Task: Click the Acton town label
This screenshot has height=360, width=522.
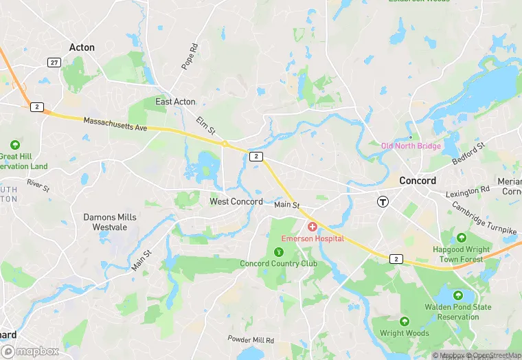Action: (x=82, y=47)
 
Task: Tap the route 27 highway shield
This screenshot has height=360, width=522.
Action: (x=54, y=63)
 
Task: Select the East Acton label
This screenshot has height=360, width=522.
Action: (x=175, y=102)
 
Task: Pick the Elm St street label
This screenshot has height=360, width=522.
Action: (x=206, y=126)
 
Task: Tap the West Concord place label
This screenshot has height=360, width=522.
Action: (x=236, y=202)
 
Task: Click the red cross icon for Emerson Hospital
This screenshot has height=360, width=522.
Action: (x=313, y=227)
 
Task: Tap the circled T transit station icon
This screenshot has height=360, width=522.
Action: (x=383, y=202)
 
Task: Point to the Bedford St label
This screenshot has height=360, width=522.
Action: (x=469, y=154)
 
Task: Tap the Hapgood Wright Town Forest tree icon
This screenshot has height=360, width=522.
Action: (x=461, y=237)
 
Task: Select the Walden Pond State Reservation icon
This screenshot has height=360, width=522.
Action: (x=458, y=295)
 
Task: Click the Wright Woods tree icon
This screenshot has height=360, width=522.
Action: (x=404, y=322)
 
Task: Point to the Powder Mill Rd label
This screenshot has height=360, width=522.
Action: (x=251, y=340)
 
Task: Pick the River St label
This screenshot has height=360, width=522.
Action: (x=38, y=185)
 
